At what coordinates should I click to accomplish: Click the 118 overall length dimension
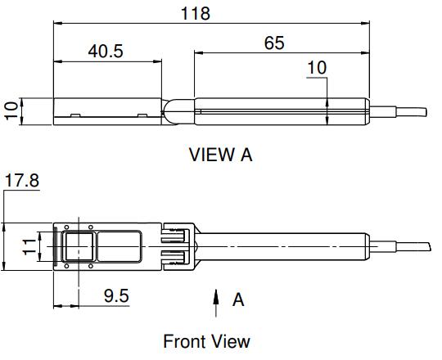coord(196,13)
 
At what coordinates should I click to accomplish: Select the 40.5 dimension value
coord(106,52)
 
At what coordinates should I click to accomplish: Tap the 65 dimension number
coord(274,43)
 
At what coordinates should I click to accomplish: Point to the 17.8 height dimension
coord(22,180)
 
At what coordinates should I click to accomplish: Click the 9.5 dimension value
coord(116,296)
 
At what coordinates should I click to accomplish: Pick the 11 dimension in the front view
coord(29,247)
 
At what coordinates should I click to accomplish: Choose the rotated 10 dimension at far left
coord(11,111)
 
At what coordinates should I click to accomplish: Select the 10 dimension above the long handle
coord(317,68)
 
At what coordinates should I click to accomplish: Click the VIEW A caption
coord(220,155)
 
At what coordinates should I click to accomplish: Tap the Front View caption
coord(206,341)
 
